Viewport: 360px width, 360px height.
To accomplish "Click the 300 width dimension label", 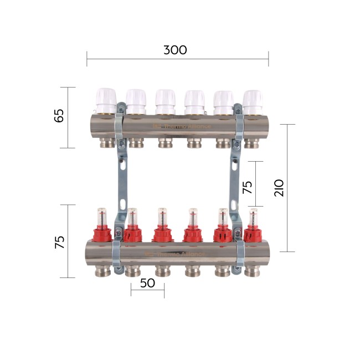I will coord(175,50).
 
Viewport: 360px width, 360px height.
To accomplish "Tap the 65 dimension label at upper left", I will coord(59,116).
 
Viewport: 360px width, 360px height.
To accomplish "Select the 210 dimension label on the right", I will coord(279,188).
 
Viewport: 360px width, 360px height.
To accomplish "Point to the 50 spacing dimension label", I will coord(147,282).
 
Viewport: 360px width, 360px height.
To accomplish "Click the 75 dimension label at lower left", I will coord(59,242).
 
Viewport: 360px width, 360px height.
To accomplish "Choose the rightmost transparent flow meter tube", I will coord(253,217).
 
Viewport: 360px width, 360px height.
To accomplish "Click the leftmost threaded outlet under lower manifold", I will coord(104,271).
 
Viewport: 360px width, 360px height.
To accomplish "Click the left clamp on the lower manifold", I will coord(118,255).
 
